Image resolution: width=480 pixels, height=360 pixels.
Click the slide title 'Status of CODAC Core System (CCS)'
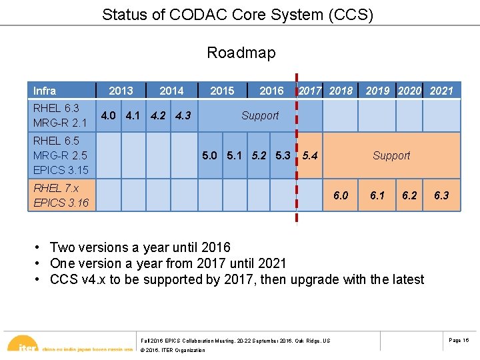click(x=237, y=14)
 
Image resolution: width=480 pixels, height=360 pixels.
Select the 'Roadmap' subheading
click(x=241, y=53)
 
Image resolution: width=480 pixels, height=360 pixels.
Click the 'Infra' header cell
click(x=45, y=91)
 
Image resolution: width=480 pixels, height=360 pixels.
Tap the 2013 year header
click(x=121, y=91)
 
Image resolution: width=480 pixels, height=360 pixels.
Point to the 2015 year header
click(x=222, y=91)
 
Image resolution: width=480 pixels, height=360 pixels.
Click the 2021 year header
click(x=441, y=91)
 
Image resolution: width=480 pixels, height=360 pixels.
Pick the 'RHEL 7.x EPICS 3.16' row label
click(x=61, y=195)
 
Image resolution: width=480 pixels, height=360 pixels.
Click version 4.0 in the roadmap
click(x=109, y=115)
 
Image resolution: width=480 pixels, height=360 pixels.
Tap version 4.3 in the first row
click(x=183, y=115)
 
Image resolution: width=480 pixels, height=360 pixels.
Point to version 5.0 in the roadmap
click(x=209, y=155)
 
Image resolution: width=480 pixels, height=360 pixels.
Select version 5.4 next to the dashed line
click(x=310, y=155)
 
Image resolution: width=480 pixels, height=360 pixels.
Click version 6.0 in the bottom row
click(x=341, y=195)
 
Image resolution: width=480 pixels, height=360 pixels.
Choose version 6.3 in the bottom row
click(x=441, y=195)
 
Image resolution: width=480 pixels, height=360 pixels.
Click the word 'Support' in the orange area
click(x=391, y=155)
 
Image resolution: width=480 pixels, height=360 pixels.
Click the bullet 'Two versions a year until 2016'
click(x=140, y=248)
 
